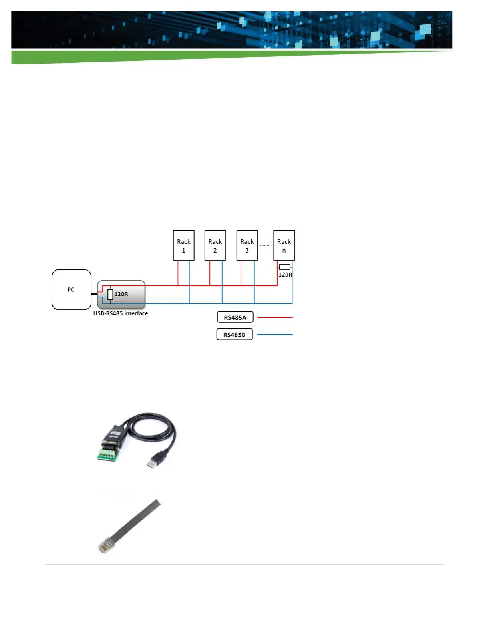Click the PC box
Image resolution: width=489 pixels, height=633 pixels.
(x=72, y=289)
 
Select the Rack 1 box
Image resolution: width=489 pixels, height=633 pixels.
(x=183, y=245)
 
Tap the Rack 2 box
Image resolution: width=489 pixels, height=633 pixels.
(x=215, y=245)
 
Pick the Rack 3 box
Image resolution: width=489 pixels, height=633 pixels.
(x=247, y=245)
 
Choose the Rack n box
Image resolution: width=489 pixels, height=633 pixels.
(x=284, y=245)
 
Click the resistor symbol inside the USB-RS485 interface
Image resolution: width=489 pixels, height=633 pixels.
(x=110, y=295)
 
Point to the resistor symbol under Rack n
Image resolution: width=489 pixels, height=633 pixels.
(x=284, y=267)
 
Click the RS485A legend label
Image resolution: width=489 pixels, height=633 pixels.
(x=235, y=317)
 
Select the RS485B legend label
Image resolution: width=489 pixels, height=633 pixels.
(x=235, y=334)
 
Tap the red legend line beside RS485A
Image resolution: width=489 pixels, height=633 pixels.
(x=275, y=318)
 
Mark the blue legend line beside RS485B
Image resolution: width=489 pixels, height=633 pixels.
(x=275, y=334)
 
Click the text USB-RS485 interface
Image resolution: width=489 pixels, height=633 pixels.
(x=121, y=313)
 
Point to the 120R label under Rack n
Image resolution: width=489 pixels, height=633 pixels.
(x=285, y=275)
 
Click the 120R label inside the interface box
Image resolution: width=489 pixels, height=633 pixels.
(x=121, y=294)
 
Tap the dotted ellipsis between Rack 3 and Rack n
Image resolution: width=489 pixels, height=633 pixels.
(x=265, y=245)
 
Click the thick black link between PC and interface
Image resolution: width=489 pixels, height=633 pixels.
(x=94, y=294)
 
